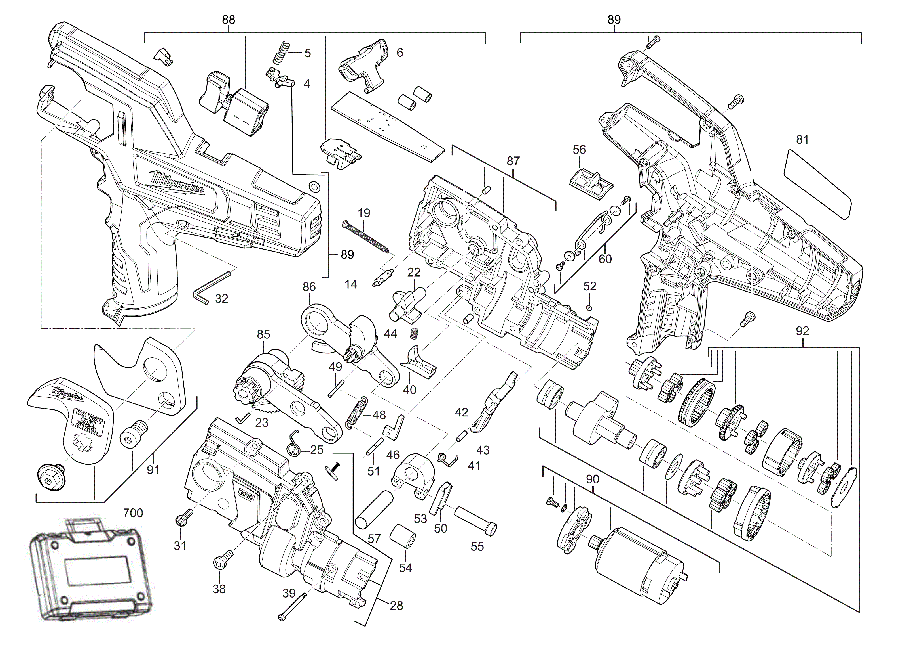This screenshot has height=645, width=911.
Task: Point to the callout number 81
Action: [802, 139]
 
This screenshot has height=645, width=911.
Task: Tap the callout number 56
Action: [579, 150]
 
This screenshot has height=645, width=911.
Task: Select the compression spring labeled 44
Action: [414, 334]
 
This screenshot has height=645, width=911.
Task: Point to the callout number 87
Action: [513, 161]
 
